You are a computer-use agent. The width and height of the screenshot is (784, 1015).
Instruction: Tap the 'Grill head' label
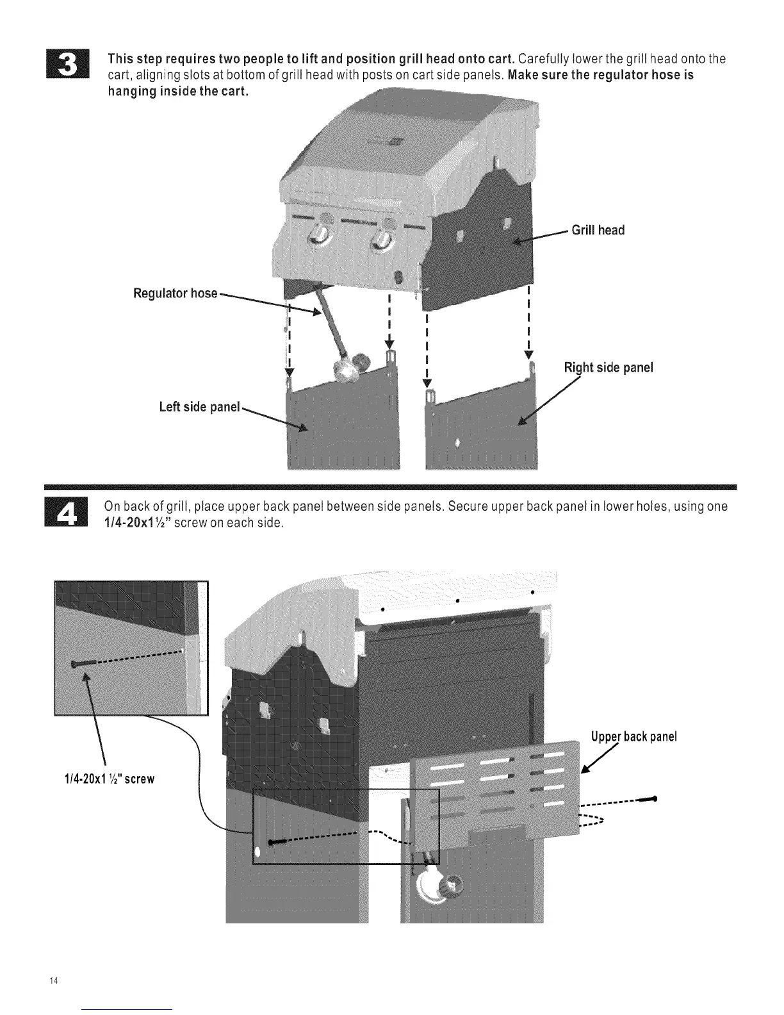coord(598,231)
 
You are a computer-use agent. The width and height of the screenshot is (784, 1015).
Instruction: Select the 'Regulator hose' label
coord(175,294)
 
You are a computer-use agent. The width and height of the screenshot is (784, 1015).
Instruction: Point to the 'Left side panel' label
coord(199,407)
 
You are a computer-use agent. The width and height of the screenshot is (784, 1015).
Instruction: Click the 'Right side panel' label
coord(608,368)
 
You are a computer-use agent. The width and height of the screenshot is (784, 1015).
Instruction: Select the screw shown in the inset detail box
coord(79,664)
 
